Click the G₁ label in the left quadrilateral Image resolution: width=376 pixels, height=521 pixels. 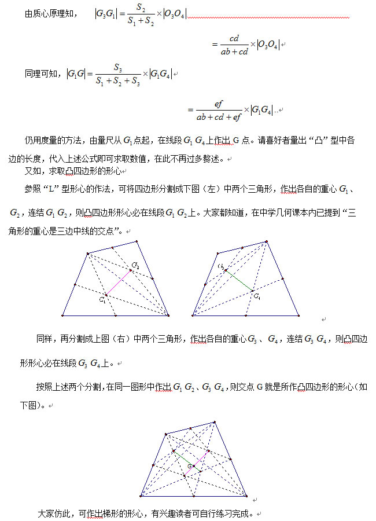click(x=102, y=300)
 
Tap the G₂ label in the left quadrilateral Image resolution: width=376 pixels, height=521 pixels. click(x=135, y=265)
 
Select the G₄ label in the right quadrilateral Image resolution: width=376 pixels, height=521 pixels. click(x=257, y=296)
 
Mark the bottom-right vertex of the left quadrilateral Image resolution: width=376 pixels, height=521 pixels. click(x=168, y=315)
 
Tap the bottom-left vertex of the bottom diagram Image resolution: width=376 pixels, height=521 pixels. click(x=141, y=496)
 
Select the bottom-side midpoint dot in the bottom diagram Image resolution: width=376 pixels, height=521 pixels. click(x=194, y=496)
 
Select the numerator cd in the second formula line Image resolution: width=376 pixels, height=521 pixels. click(x=234, y=38)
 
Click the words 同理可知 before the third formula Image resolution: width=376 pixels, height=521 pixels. click(x=42, y=74)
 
